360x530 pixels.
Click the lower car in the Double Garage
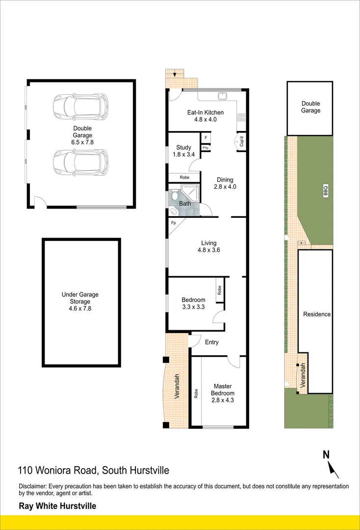[80, 162]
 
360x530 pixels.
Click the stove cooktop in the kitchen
[241, 117]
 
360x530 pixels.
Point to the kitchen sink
[222, 95]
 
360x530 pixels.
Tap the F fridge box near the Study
[206, 138]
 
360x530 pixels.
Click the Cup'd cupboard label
[241, 141]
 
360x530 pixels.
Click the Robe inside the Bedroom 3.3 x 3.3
[219, 290]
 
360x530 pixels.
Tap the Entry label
[212, 342]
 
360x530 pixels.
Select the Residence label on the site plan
[317, 314]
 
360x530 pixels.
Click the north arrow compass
[330, 464]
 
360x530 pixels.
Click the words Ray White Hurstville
[57, 506]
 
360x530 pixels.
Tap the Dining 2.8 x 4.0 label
[225, 183]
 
